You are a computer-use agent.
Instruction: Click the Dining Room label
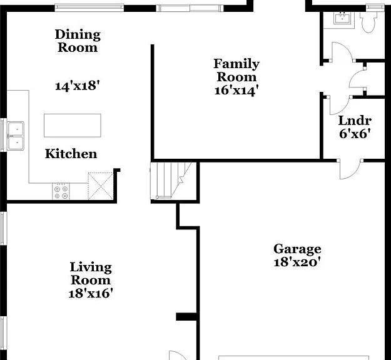point(78,41)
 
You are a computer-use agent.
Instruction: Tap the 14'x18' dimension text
point(78,86)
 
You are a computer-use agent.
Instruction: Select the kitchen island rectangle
point(73,126)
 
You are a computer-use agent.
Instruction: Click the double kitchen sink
point(16,136)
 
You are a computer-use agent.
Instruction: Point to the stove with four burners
point(61,192)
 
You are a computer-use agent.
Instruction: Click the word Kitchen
point(71,154)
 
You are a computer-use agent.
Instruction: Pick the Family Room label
point(236,70)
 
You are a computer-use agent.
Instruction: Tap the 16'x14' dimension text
point(236,90)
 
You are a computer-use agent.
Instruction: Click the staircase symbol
point(171,181)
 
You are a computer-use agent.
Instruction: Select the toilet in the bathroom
point(368,22)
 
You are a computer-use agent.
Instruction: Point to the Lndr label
point(355,121)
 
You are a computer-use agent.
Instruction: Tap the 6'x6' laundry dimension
point(355,134)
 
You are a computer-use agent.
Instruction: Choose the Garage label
point(297,249)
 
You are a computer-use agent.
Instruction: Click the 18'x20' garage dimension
point(297,262)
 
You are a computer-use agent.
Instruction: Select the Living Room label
point(91,273)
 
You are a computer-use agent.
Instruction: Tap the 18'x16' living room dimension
point(91,293)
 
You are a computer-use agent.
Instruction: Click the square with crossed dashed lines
point(101,186)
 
